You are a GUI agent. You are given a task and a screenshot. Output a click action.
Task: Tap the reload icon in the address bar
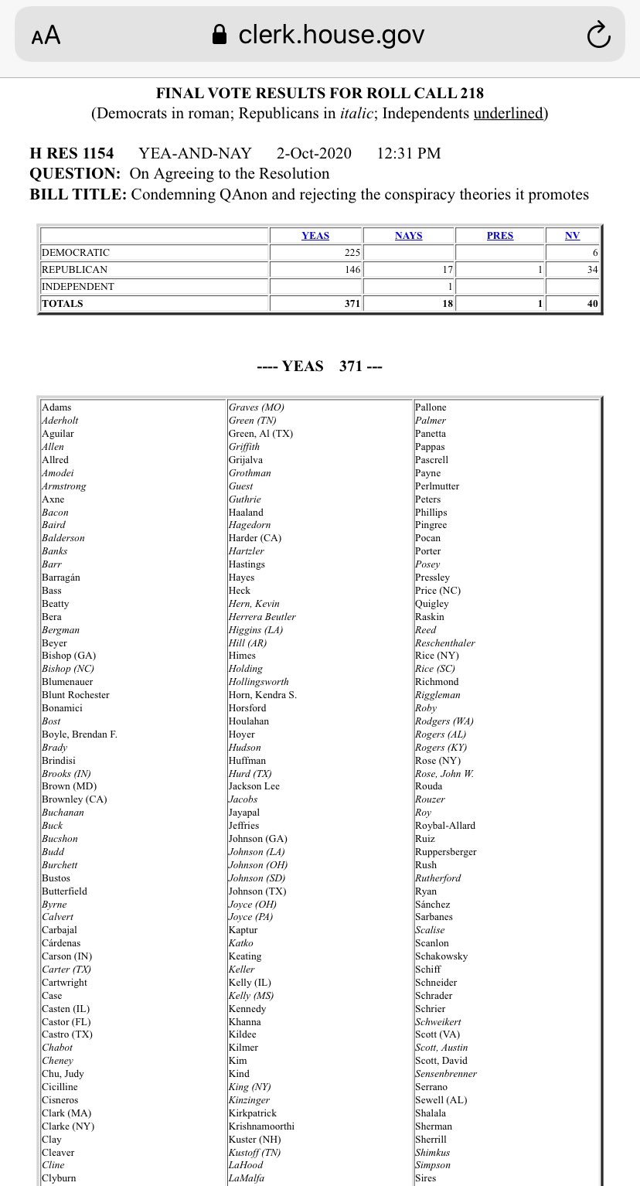(x=599, y=34)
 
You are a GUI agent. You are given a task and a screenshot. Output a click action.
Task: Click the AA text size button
(x=46, y=36)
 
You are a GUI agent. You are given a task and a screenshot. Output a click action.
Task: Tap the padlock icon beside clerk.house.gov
(x=220, y=35)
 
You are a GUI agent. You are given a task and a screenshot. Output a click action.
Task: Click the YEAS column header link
(x=315, y=236)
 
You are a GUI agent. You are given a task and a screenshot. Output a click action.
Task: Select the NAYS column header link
(x=408, y=236)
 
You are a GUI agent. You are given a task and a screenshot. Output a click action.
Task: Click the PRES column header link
(x=499, y=236)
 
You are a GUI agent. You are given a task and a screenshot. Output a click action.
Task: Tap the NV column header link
(x=572, y=236)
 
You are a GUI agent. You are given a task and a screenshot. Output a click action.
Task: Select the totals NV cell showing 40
(x=591, y=304)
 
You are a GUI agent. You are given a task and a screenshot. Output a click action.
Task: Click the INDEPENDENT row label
(x=77, y=287)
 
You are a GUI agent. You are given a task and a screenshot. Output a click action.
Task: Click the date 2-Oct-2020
(x=314, y=153)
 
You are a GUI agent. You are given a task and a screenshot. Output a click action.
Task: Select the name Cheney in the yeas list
(x=57, y=1061)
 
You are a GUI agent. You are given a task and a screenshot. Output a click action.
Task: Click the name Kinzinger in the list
(x=249, y=1100)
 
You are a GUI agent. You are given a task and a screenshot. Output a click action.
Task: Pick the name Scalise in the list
(x=430, y=930)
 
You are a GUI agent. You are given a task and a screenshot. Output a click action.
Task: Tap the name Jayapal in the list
(x=243, y=813)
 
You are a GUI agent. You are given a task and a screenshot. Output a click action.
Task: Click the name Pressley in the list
(x=432, y=578)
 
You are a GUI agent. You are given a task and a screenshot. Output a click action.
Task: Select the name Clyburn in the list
(x=59, y=1178)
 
